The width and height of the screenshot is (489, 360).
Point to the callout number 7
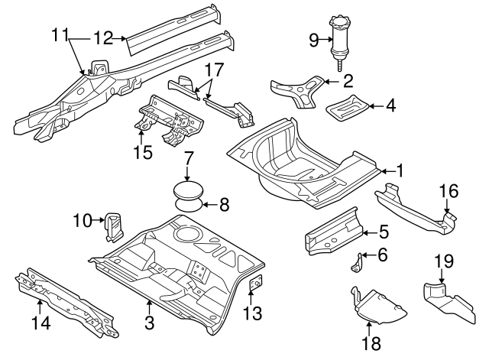pos(188,161)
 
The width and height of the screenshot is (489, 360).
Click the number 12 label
pos(102,37)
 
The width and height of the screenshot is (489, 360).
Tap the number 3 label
pos(150,323)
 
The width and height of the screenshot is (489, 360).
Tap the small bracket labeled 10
pos(113,225)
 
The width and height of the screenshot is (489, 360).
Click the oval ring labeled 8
pos(189,203)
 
